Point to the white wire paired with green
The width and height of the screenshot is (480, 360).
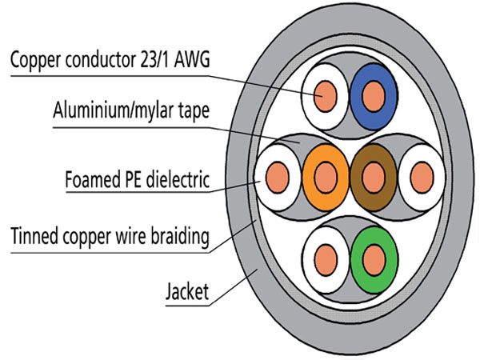click(x=324, y=258)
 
